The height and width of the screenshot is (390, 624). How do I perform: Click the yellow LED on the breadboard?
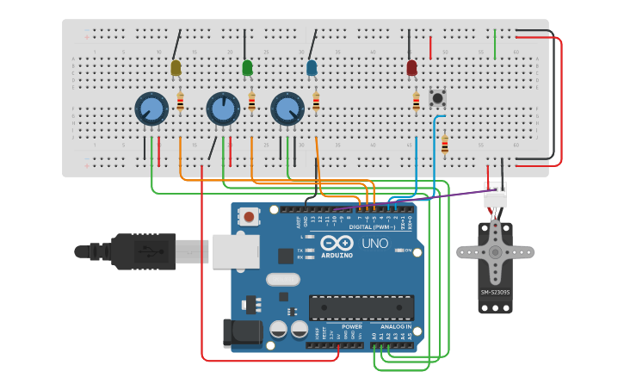click(x=176, y=67)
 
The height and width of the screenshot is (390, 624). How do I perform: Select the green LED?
click(x=247, y=67)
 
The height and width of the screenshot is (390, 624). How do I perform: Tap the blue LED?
click(x=312, y=67)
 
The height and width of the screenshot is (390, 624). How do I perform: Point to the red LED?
click(x=411, y=67)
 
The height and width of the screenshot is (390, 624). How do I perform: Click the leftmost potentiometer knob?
click(x=151, y=108)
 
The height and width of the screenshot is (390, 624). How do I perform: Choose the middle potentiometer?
click(x=223, y=108)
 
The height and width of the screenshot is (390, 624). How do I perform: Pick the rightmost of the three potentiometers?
click(x=287, y=108)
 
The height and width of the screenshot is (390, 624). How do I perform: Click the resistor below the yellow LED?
click(x=180, y=102)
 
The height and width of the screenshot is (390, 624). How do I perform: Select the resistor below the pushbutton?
click(x=444, y=145)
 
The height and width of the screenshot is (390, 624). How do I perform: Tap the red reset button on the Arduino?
click(x=249, y=216)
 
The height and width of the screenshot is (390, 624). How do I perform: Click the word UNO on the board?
click(x=374, y=244)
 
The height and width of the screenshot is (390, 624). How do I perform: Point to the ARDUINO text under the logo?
click(x=337, y=255)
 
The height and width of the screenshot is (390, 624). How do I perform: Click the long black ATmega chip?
click(x=361, y=307)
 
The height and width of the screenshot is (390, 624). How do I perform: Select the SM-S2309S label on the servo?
click(x=495, y=292)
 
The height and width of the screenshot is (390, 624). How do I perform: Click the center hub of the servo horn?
click(x=495, y=252)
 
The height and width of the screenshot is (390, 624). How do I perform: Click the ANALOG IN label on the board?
click(x=396, y=327)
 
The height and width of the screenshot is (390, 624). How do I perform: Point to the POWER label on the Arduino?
click(x=351, y=327)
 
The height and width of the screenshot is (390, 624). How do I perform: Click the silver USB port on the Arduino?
click(x=234, y=251)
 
